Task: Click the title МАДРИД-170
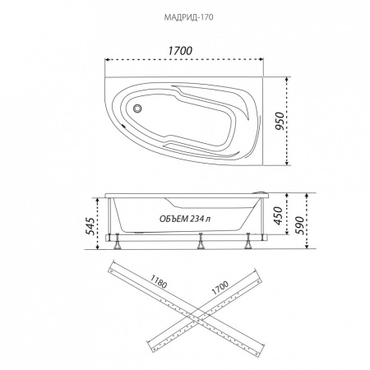click(x=188, y=17)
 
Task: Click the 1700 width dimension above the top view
click(x=180, y=51)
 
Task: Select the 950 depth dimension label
click(x=280, y=121)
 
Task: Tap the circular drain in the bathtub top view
click(x=137, y=109)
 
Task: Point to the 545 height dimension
click(x=90, y=226)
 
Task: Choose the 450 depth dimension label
click(x=278, y=215)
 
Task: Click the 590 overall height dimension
click(x=299, y=225)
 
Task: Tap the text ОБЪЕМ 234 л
click(x=185, y=219)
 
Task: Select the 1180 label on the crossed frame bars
click(x=159, y=281)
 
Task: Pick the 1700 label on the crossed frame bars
click(x=220, y=288)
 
